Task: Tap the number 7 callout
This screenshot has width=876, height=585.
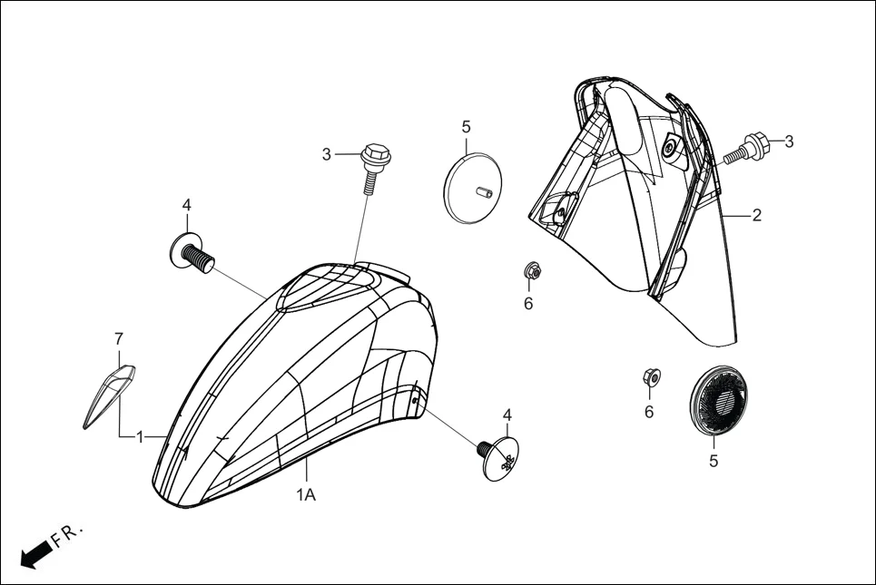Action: pos(118,338)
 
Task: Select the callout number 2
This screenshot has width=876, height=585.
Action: pos(756,215)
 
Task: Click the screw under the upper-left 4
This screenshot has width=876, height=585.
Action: pos(192,252)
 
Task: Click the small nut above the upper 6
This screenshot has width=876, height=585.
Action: pos(532,270)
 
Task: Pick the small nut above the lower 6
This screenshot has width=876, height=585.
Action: pos(650,376)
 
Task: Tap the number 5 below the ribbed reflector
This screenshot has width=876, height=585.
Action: pos(714,461)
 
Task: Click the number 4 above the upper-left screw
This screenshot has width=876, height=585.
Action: pos(186,206)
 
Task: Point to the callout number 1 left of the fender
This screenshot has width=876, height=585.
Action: pos(140,436)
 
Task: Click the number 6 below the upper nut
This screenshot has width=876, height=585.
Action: pos(527,304)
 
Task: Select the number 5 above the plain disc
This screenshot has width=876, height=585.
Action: pos(466,126)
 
